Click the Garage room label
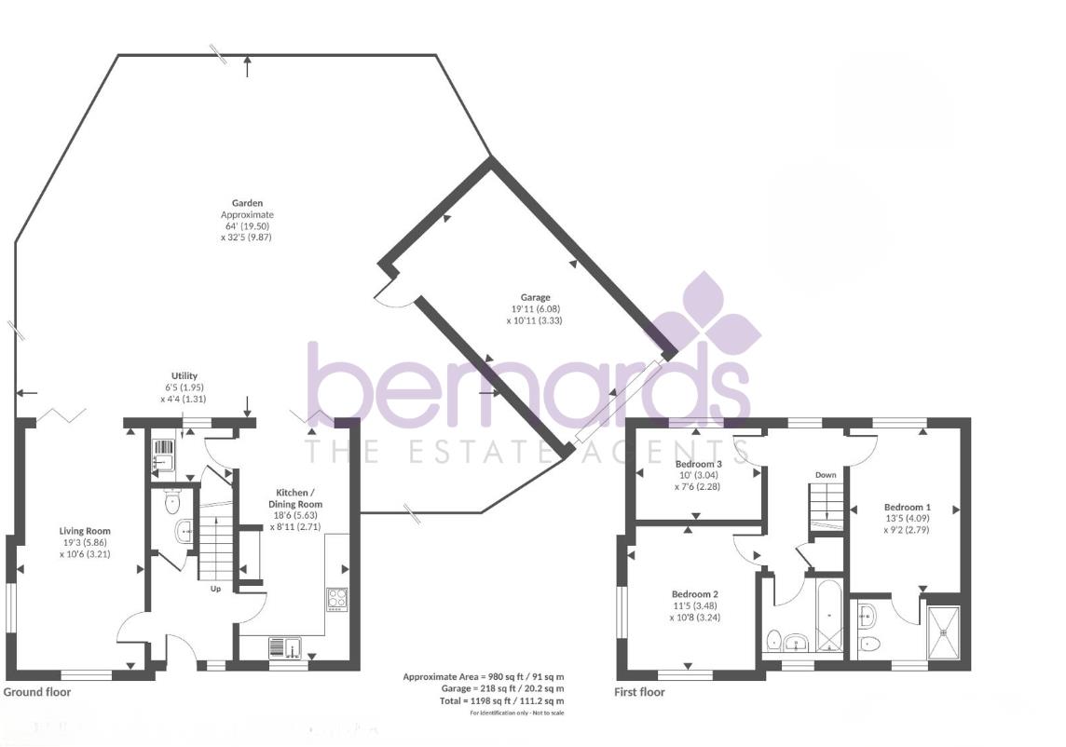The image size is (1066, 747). tap(535, 298)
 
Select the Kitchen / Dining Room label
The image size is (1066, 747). tap(299, 497)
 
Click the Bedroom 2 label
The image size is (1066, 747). tap(695, 593)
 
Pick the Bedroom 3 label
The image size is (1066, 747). tap(699, 464)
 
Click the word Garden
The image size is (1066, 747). tap(247, 203)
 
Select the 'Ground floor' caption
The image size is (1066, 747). tap(37, 692)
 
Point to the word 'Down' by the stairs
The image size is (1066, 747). tap(826, 475)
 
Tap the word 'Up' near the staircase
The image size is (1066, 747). tap(214, 588)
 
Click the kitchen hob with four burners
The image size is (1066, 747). tap(336, 598)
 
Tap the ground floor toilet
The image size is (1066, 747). tap(171, 504)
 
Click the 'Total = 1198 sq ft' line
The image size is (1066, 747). tap(502, 700)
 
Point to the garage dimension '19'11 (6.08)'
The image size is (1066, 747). tap(535, 309)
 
